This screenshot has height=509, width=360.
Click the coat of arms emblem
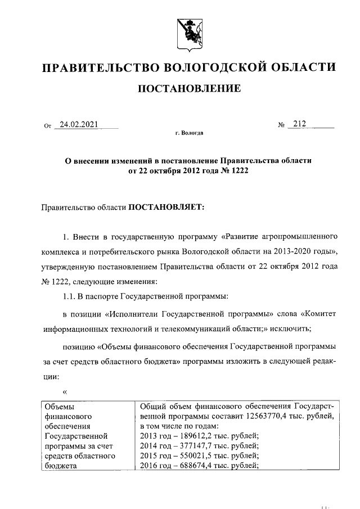(188, 33)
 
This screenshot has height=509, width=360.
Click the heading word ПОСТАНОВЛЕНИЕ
(190, 89)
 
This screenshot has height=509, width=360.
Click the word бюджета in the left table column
(59, 466)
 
